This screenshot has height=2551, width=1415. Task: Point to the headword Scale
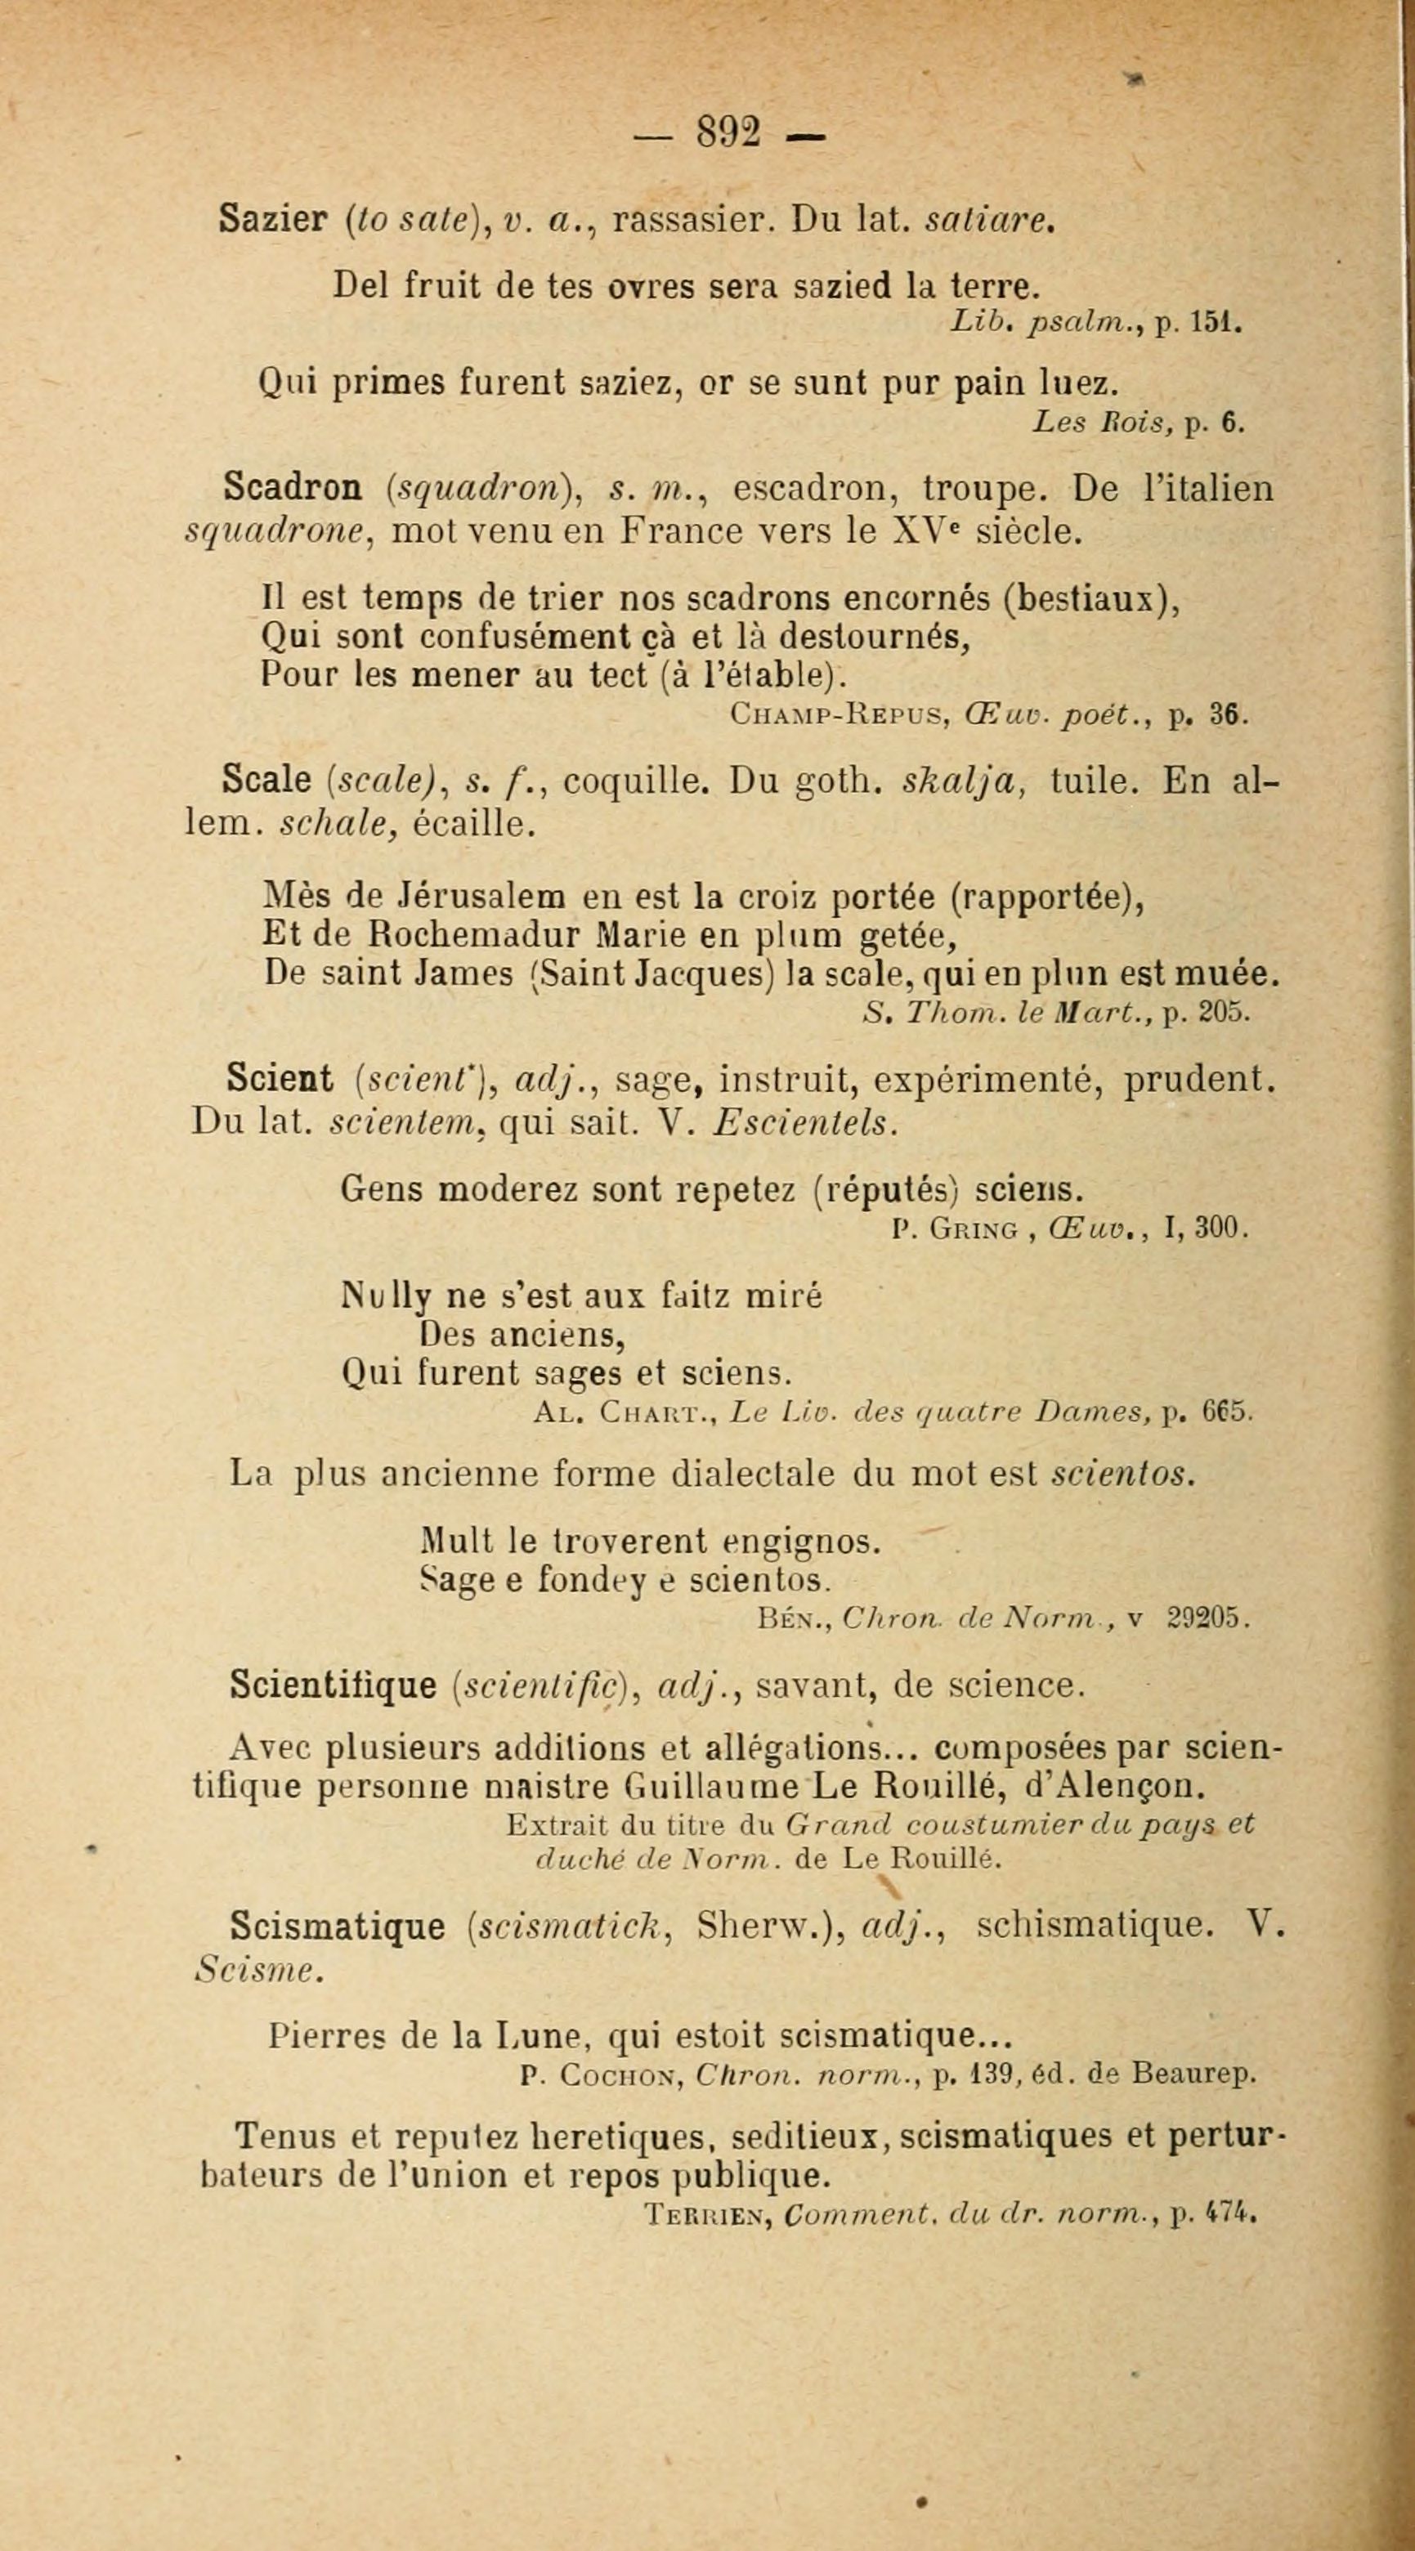click(x=267, y=781)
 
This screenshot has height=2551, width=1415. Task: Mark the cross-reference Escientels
click(x=805, y=1122)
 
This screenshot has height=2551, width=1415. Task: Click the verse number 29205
click(x=1209, y=1618)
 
